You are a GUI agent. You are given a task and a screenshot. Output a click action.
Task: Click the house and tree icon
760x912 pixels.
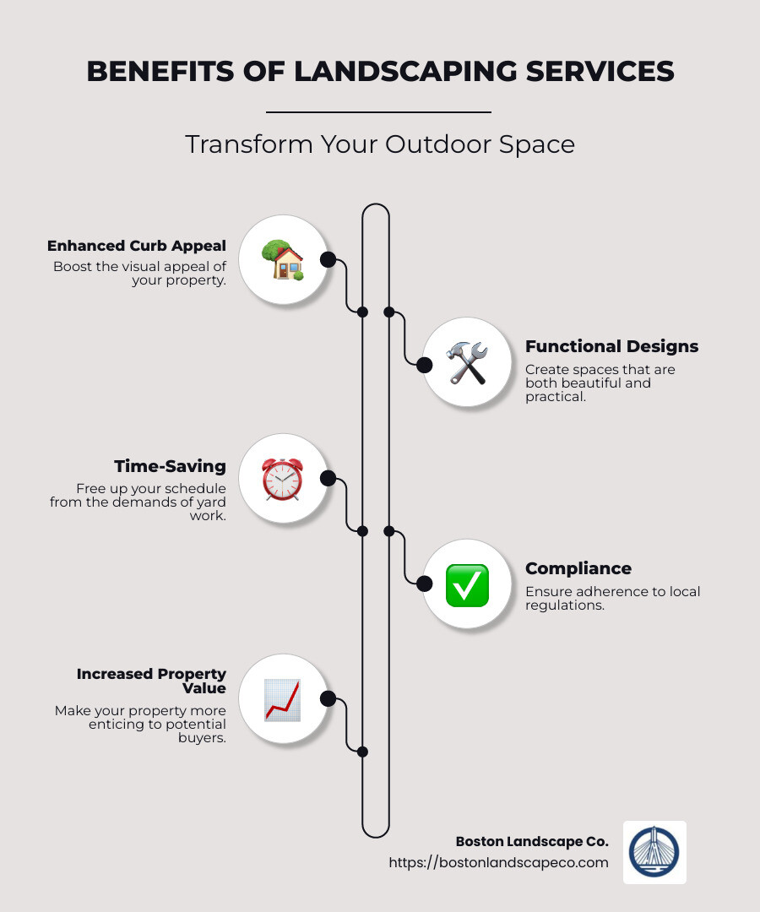click(282, 259)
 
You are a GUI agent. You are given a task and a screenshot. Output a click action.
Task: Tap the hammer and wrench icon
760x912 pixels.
click(466, 363)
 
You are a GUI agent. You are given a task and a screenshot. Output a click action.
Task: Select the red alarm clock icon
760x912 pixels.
click(282, 480)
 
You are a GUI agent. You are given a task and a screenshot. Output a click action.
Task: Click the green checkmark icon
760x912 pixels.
click(466, 584)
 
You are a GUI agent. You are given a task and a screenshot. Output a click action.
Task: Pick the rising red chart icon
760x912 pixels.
click(282, 699)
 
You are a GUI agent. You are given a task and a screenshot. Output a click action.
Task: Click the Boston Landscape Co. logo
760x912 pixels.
click(654, 852)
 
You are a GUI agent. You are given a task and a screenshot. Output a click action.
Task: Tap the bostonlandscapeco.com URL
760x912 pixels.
click(498, 862)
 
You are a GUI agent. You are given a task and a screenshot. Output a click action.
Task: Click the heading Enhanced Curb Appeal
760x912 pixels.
click(137, 246)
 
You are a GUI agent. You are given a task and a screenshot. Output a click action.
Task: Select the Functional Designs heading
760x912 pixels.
click(611, 346)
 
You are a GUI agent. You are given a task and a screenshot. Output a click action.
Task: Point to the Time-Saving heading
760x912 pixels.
click(170, 466)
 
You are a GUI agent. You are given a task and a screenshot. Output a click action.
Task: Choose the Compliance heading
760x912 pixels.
click(578, 568)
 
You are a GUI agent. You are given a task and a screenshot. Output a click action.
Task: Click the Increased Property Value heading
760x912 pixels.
click(151, 681)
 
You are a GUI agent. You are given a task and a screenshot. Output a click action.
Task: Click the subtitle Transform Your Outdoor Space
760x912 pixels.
click(380, 144)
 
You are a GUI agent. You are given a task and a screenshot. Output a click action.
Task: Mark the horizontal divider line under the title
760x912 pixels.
click(378, 111)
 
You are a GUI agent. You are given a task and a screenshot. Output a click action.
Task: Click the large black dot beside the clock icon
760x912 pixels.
click(328, 479)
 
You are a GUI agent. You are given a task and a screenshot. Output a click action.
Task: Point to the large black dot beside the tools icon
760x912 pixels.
click(424, 364)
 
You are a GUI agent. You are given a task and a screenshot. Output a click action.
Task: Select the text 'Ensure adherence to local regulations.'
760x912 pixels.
click(612, 598)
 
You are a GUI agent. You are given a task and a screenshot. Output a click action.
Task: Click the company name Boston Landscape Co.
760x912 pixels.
click(531, 841)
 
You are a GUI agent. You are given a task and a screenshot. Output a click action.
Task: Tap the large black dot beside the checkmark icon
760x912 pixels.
click(424, 583)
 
